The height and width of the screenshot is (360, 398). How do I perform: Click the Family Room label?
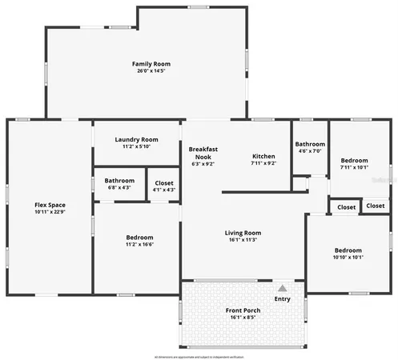tap(151, 64)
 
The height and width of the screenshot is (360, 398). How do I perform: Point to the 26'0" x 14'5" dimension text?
tap(151, 71)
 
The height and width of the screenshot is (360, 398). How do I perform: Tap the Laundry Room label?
tap(136, 139)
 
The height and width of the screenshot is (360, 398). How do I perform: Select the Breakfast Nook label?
tap(203, 153)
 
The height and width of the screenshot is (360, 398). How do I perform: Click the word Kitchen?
tap(263, 156)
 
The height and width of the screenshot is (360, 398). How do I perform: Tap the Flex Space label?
tap(50, 205)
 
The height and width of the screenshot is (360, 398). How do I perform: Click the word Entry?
tap(283, 299)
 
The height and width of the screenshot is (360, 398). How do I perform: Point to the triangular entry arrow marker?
tap(282, 288)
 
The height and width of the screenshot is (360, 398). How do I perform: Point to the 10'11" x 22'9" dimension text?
tap(50, 212)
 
